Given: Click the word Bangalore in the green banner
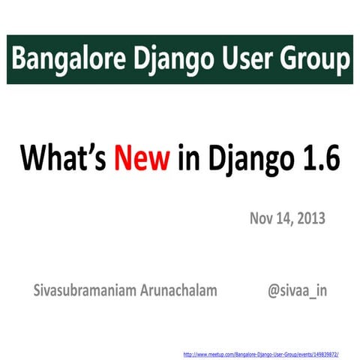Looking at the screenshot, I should (63, 58).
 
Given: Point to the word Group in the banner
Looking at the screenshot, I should (309, 59).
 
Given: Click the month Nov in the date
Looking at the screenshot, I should (262, 219).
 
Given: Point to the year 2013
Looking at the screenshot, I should (310, 219).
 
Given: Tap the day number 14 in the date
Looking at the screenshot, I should (284, 219).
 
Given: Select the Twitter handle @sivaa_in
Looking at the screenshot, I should (297, 289).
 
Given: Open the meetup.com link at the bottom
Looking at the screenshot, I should (262, 352).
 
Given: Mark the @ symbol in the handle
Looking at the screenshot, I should (274, 289).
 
